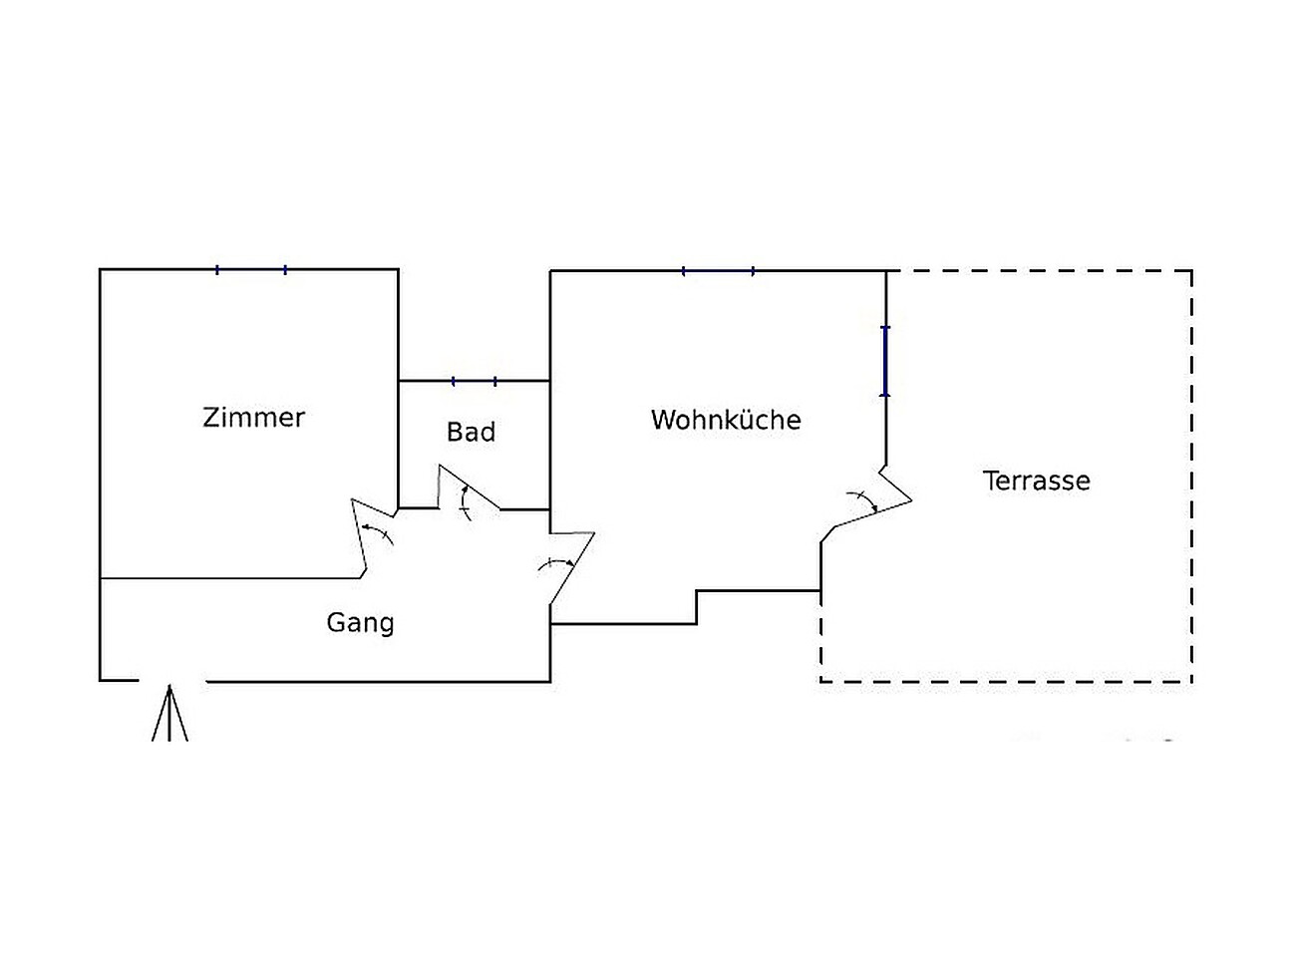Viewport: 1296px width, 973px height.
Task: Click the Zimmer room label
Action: pyautogui.click(x=253, y=417)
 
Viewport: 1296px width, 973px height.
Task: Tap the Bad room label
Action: pyautogui.click(x=471, y=432)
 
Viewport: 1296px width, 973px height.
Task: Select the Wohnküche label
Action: pyautogui.click(x=726, y=420)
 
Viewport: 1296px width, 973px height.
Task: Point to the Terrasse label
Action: pyautogui.click(x=1037, y=481)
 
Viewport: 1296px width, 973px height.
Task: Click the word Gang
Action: pyautogui.click(x=360, y=623)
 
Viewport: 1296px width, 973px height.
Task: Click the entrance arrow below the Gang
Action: pyautogui.click(x=170, y=714)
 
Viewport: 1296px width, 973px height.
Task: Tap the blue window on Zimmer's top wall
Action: pyautogui.click(x=251, y=269)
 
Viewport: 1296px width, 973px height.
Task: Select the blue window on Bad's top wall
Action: pyautogui.click(x=475, y=381)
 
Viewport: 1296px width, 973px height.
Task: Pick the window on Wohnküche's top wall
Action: pyautogui.click(x=718, y=270)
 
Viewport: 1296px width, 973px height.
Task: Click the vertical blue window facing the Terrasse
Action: pyautogui.click(x=885, y=361)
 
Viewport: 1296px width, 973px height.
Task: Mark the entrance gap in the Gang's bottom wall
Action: pyautogui.click(x=171, y=681)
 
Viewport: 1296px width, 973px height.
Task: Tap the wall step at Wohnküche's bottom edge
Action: pyautogui.click(x=697, y=606)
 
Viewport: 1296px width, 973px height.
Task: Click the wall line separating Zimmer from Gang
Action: pyautogui.click(x=229, y=577)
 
